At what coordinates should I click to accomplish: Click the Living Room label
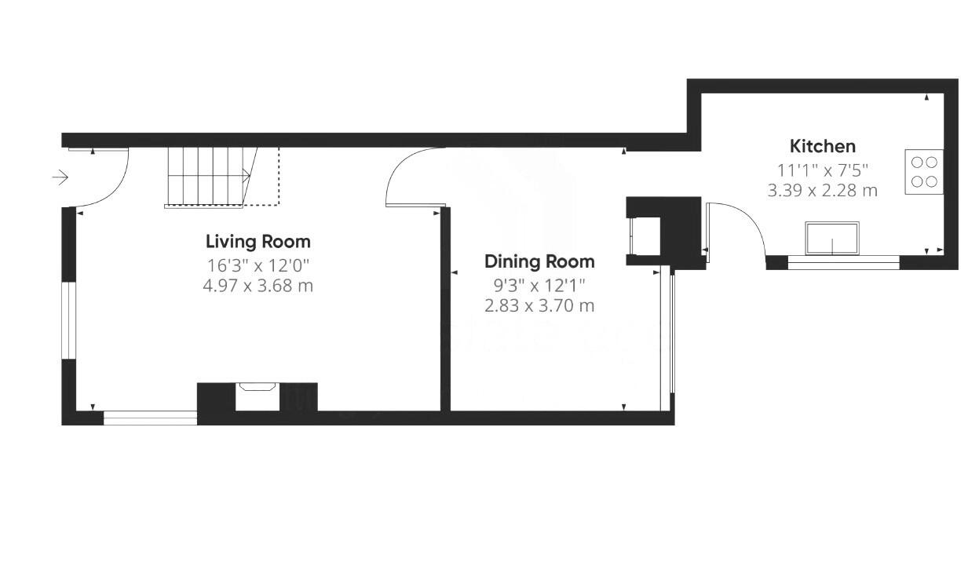pyautogui.click(x=258, y=242)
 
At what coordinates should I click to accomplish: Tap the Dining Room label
pyautogui.click(x=539, y=261)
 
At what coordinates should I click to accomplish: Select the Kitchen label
pyautogui.click(x=822, y=146)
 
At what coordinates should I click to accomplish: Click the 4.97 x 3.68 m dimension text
pyautogui.click(x=258, y=286)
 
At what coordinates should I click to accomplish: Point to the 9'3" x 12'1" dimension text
pyautogui.click(x=539, y=284)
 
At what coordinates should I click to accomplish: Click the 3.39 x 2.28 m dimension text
pyautogui.click(x=822, y=190)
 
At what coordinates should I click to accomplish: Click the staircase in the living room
pyautogui.click(x=209, y=177)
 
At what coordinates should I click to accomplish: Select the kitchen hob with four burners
pyautogui.click(x=924, y=172)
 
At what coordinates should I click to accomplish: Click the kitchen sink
pyautogui.click(x=831, y=238)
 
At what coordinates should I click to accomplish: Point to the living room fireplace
pyautogui.click(x=258, y=396)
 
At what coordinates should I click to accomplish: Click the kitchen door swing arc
pyautogui.click(x=738, y=228)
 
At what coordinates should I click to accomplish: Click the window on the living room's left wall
pyautogui.click(x=68, y=320)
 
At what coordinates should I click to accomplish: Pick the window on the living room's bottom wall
pyautogui.click(x=150, y=418)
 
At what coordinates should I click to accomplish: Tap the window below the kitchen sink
pyautogui.click(x=842, y=263)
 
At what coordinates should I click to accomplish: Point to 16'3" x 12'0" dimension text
pyautogui.click(x=258, y=265)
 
